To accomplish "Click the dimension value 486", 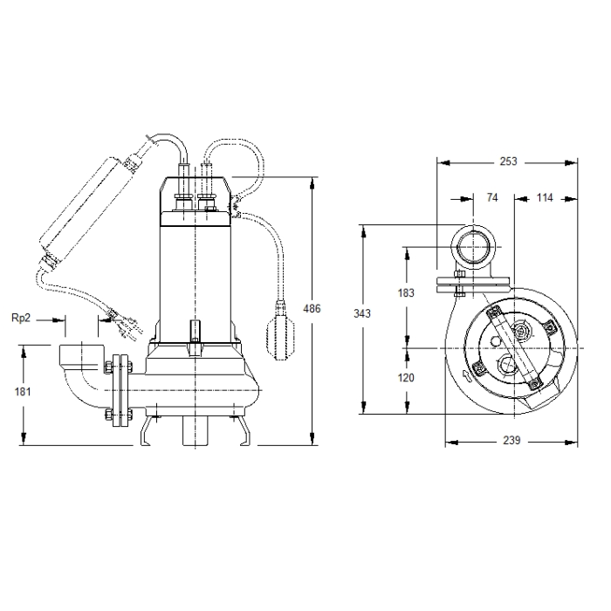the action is coord(312,309).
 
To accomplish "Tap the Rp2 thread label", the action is coord(21,318).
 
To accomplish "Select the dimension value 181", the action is coord(23,391).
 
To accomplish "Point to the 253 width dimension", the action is coord(508,161).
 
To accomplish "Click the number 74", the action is coord(492,197).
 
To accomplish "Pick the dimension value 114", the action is coord(545,197).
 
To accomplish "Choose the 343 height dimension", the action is coord(362,312).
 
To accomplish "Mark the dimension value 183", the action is coord(406,292).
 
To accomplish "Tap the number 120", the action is coord(406,377).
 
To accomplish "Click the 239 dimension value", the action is coord(511,440).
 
